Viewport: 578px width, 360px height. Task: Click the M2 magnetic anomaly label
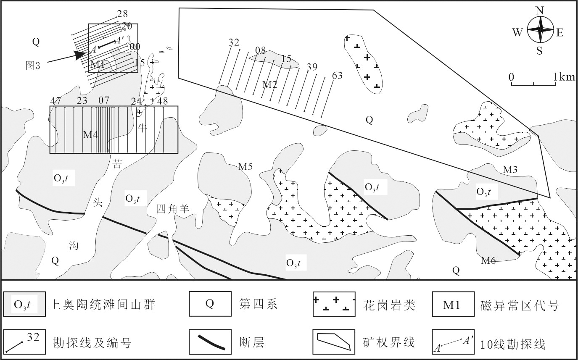(269, 84)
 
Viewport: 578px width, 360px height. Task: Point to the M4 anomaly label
(90, 135)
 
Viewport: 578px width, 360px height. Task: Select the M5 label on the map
(245, 167)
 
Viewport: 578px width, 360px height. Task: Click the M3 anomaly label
(510, 169)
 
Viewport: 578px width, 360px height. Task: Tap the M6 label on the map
(488, 261)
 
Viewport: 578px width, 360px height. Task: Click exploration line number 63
(337, 76)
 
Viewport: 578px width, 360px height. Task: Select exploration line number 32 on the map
(234, 42)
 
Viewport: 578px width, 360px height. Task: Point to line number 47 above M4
(55, 101)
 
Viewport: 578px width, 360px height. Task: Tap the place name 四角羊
(173, 208)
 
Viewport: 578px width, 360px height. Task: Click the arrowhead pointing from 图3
(79, 54)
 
